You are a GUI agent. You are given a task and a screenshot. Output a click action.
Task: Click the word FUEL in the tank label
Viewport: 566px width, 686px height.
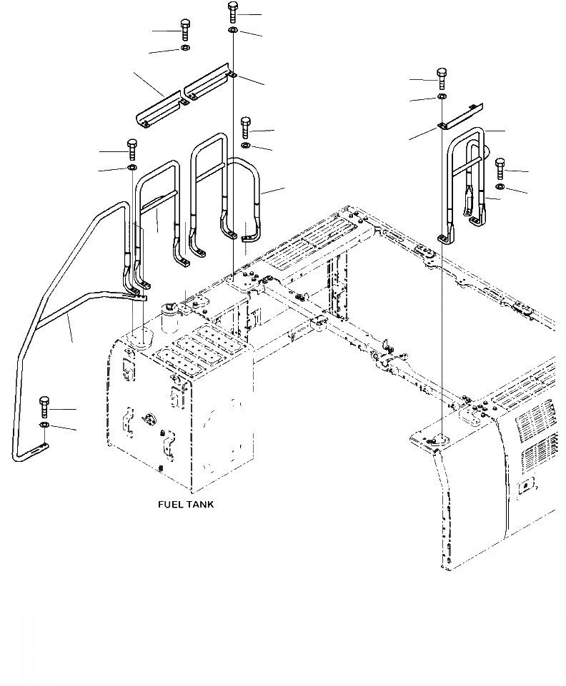point(171,505)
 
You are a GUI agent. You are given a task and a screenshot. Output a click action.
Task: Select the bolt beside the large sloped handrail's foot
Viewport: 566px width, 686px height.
point(44,407)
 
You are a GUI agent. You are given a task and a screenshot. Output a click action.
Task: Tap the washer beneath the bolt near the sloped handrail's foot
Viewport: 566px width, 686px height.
point(44,426)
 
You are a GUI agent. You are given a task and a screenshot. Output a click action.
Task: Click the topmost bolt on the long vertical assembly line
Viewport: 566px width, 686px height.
point(234,12)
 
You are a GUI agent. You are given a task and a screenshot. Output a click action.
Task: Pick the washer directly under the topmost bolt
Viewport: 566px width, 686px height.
point(234,31)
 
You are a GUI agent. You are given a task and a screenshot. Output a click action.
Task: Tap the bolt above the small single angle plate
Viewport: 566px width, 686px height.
point(442,79)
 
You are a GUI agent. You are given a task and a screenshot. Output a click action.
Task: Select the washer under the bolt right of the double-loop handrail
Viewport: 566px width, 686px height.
point(500,187)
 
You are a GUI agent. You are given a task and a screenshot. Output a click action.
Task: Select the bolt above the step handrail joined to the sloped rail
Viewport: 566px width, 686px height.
point(131,150)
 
